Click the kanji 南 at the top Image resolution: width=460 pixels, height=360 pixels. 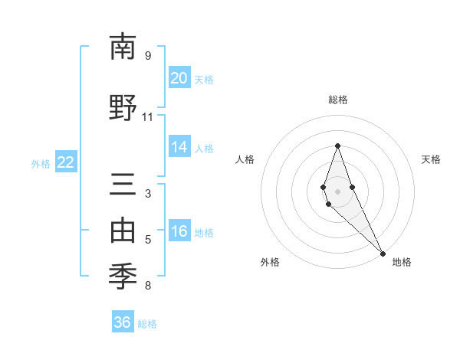click(123, 47)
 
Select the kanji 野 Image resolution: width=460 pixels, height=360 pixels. click(123, 106)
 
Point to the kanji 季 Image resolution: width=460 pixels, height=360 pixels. click(123, 273)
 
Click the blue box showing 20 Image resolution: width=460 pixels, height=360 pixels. click(179, 78)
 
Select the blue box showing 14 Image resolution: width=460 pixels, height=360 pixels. click(179, 147)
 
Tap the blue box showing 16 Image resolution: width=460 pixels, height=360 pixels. click(179, 231)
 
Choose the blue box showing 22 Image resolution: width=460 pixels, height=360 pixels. click(66, 162)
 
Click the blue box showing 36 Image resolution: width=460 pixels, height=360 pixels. click(123, 322)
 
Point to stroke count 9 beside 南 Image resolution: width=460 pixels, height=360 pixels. click(148, 55)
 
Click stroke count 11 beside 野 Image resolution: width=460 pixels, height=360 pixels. click(148, 116)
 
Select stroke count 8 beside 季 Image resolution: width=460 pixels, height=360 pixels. click(148, 286)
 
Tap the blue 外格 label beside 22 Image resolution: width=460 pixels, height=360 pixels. click(41, 163)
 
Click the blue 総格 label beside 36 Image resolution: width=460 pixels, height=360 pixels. click(147, 324)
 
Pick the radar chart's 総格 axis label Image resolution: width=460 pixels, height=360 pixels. click(337, 100)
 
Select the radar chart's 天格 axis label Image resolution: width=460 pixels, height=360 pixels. click(432, 159)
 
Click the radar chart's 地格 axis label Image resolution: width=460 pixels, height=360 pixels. click(402, 262)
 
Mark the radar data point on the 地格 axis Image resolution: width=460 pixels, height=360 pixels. click(383, 253)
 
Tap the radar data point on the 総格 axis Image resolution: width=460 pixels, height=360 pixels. click(337, 146)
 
